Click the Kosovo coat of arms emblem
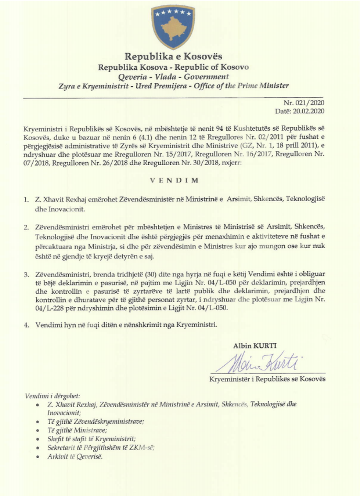click(x=173, y=26)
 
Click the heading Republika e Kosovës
click(x=173, y=57)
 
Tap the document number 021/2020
click(x=309, y=103)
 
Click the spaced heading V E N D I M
click(x=174, y=180)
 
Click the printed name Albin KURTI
click(x=255, y=346)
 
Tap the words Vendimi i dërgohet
click(x=52, y=396)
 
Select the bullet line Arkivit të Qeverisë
click(x=75, y=457)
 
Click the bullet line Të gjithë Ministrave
click(x=77, y=430)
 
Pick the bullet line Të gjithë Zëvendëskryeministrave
click(x=96, y=421)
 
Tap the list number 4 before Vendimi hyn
click(x=26, y=325)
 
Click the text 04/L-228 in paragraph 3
click(x=50, y=308)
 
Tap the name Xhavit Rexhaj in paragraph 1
click(x=63, y=199)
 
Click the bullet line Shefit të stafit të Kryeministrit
click(x=91, y=439)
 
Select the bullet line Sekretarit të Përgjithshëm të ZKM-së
click(x=101, y=448)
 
